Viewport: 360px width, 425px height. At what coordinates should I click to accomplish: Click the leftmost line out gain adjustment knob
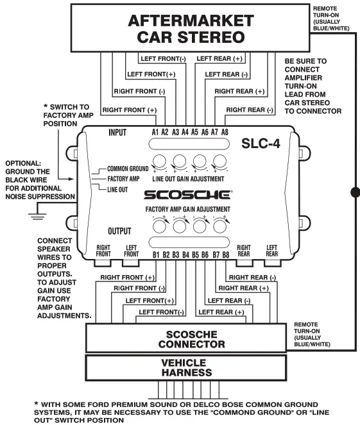point(160,161)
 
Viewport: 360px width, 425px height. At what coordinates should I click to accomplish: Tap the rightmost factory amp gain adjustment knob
point(221,224)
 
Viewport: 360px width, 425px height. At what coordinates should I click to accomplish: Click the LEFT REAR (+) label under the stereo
point(219,58)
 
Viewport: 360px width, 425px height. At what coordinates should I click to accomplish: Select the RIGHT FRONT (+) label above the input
point(129,110)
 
